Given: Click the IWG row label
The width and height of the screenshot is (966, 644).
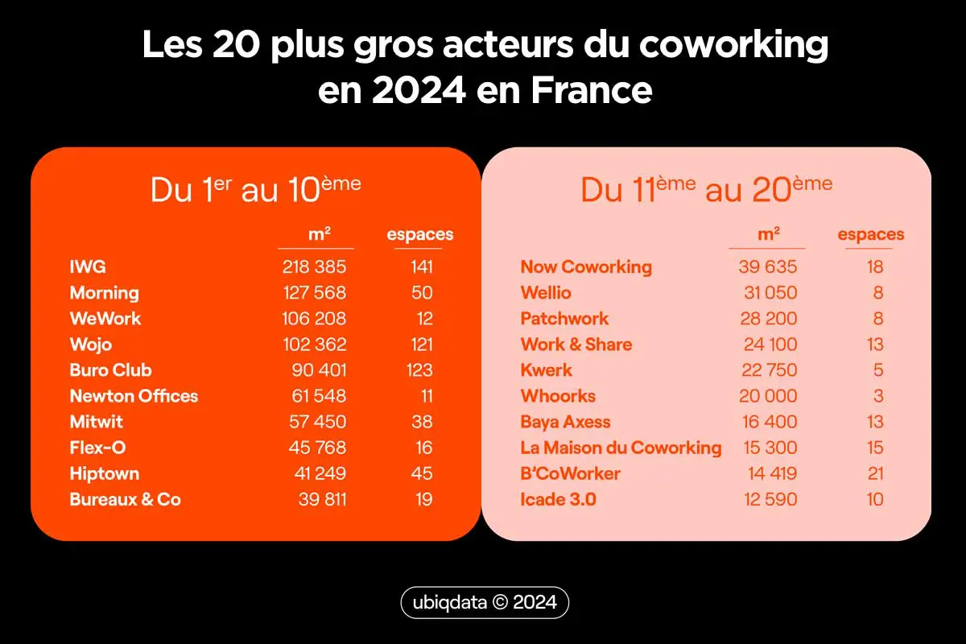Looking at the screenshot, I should tap(88, 267).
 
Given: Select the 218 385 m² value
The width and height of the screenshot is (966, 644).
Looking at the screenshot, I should tap(314, 267).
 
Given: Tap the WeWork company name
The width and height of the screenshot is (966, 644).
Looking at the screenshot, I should tap(105, 319).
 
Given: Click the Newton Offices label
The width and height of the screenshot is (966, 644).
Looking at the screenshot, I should tap(134, 396).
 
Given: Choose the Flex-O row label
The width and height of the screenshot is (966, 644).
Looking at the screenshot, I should tap(97, 448).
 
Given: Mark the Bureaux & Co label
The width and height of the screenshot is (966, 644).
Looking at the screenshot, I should tap(125, 499).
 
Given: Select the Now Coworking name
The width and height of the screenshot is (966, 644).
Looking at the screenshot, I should tap(586, 267).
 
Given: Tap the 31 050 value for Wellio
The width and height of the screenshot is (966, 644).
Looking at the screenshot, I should tap(768, 293).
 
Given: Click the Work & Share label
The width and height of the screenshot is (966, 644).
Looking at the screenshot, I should tap(576, 345).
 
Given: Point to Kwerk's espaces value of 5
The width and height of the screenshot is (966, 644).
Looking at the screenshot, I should tap(878, 370).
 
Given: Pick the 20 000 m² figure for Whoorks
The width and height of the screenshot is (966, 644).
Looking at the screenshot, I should tap(768, 396).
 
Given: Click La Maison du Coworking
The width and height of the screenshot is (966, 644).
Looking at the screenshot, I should tap(621, 448).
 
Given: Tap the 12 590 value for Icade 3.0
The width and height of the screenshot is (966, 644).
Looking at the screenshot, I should tap(769, 499).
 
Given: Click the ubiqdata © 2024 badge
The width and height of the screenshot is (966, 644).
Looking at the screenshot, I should tap(485, 603).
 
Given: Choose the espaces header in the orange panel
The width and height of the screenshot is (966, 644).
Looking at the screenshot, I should tap(419, 235).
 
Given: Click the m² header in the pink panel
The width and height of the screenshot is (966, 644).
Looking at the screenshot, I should tap(769, 234).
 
